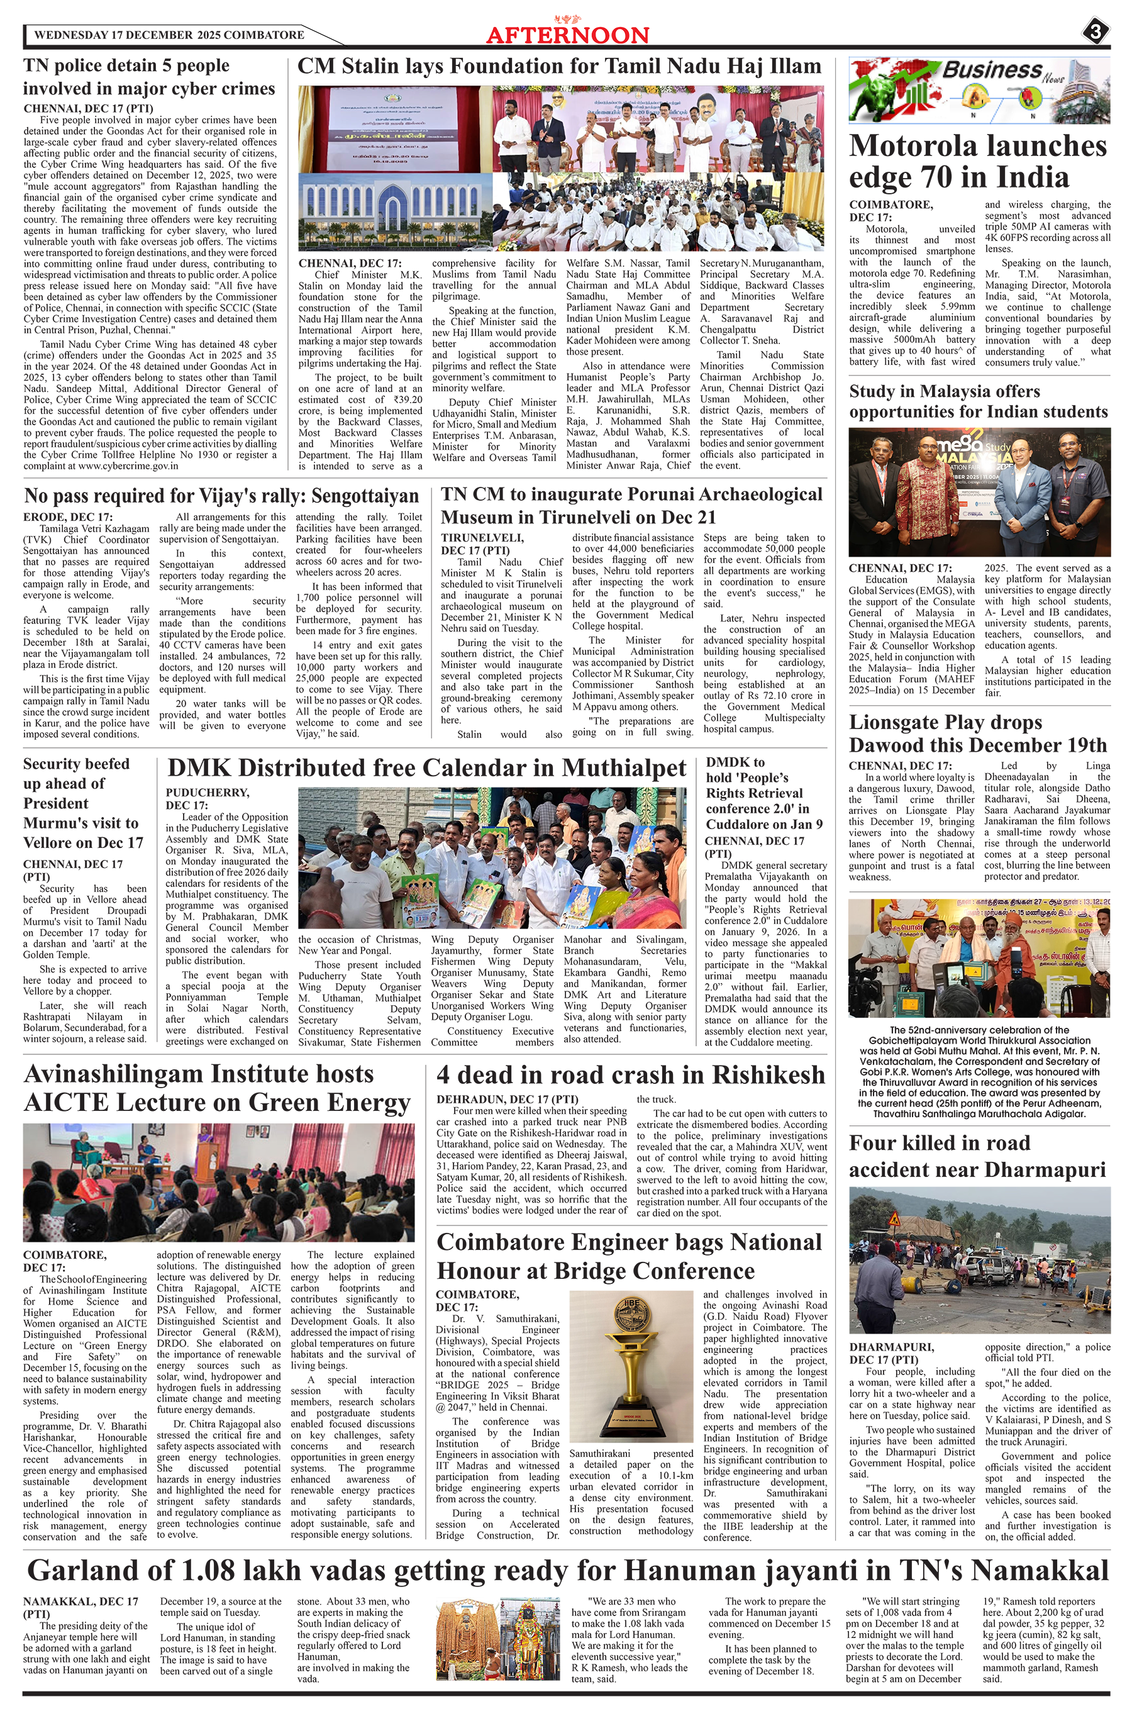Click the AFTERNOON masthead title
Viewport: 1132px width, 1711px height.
567,35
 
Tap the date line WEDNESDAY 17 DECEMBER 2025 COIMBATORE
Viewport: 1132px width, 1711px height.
169,35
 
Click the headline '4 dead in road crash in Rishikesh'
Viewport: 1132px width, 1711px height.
630,1074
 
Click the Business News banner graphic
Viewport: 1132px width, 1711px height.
978,89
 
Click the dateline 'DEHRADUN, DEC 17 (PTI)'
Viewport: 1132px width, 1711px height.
506,1099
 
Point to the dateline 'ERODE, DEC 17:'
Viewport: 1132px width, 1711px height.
68,517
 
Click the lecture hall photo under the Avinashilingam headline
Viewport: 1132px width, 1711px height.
219,1180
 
